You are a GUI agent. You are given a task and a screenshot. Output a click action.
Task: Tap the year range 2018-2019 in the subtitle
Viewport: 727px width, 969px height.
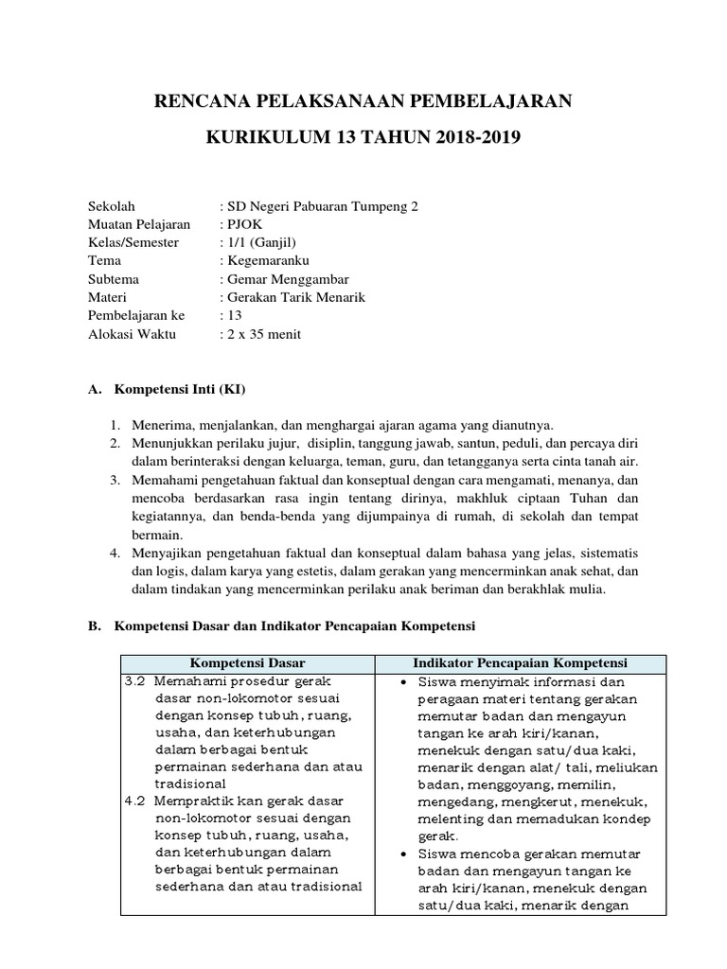466,139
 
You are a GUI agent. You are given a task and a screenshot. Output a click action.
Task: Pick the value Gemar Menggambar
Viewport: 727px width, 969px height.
287,279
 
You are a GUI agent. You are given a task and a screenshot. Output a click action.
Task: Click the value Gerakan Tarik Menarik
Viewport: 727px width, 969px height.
294,297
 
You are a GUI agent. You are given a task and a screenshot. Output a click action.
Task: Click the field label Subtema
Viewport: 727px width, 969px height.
114,279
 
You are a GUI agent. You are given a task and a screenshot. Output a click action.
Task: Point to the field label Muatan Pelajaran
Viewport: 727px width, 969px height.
139,224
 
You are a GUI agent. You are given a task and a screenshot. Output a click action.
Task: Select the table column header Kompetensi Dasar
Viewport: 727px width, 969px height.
248,662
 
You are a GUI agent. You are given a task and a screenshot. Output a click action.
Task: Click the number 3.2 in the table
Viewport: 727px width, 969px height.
134,681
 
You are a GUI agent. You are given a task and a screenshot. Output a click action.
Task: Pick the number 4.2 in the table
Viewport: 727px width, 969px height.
134,801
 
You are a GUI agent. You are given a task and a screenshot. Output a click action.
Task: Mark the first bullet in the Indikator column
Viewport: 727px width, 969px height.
404,682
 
